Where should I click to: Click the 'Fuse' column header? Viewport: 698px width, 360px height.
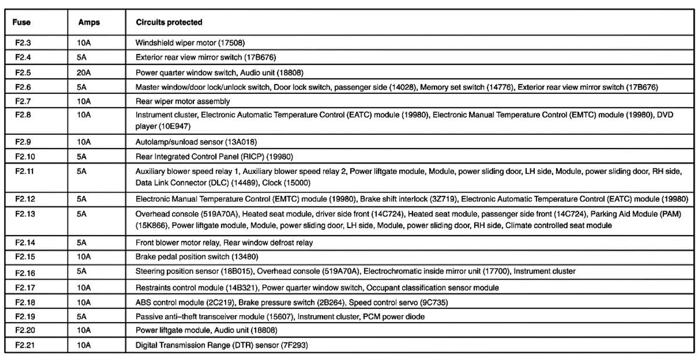(21, 22)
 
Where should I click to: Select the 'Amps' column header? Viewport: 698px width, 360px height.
(89, 22)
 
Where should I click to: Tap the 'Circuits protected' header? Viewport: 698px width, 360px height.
(169, 22)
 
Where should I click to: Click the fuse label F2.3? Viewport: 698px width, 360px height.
(23, 43)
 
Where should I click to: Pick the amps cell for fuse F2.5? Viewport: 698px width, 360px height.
(84, 73)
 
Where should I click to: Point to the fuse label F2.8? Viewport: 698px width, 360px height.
(23, 115)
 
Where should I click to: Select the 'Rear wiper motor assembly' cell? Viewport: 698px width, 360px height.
(182, 101)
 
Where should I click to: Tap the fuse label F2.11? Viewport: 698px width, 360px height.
(24, 171)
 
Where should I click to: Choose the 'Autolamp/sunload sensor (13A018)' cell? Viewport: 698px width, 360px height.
(196, 142)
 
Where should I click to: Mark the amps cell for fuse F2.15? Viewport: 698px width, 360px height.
(84, 256)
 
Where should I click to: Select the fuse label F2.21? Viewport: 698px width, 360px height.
(25, 345)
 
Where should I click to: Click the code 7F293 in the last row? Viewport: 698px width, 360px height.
(294, 345)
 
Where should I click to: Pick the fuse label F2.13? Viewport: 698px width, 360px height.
(25, 214)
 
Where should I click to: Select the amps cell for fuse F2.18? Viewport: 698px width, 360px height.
(84, 302)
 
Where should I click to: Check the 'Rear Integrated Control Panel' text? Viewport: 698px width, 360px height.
(187, 156)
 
